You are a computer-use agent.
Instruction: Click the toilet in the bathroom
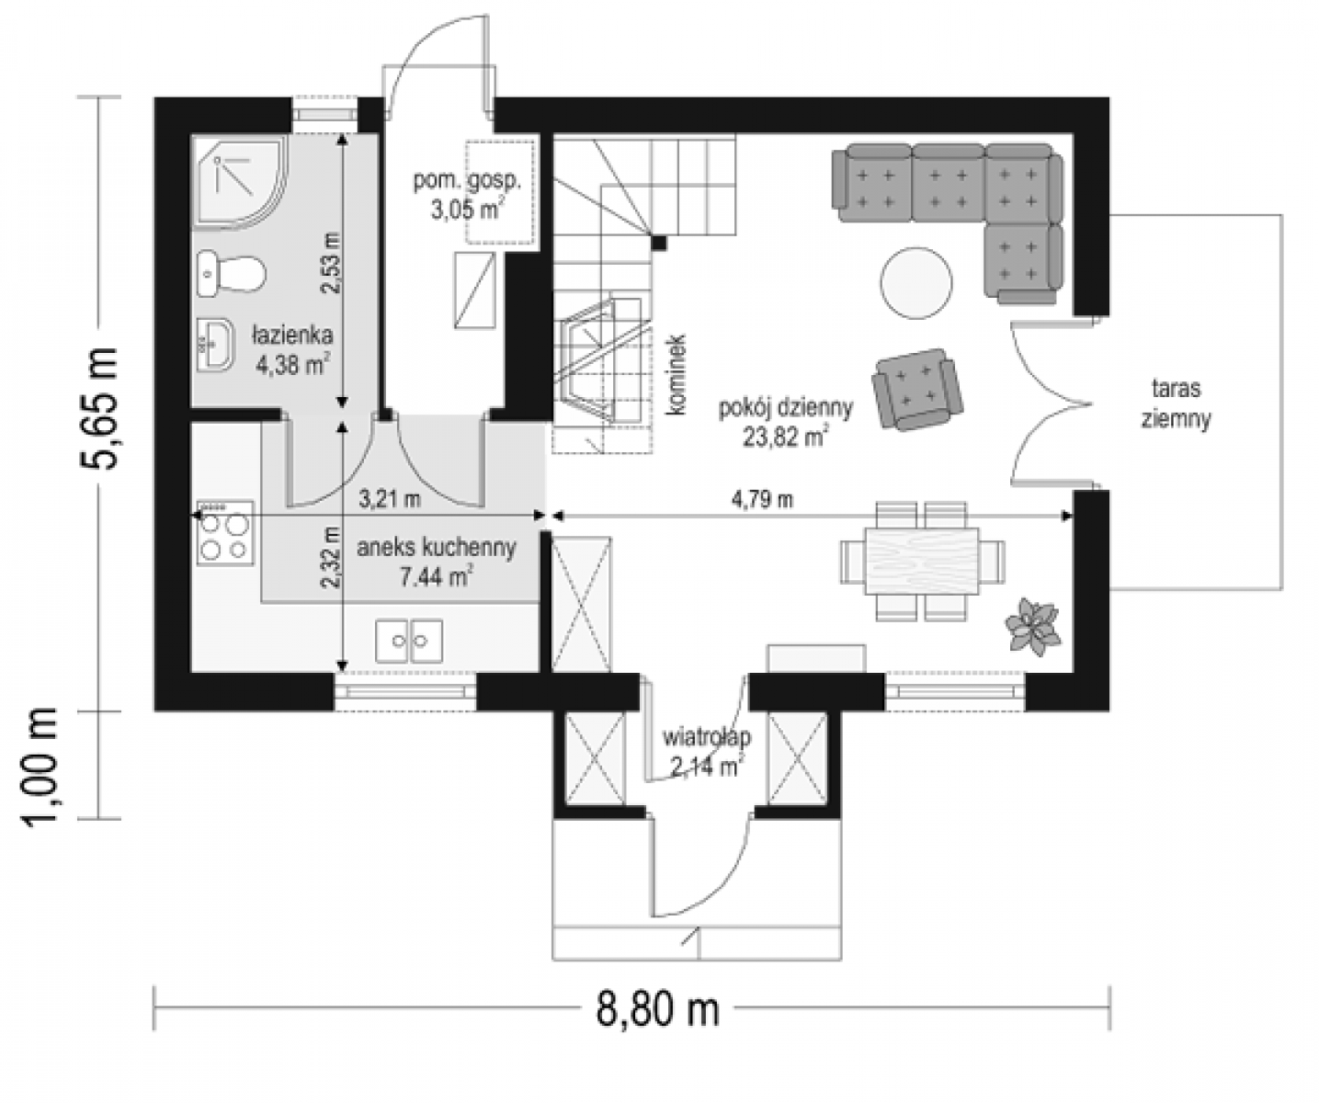[x=231, y=274]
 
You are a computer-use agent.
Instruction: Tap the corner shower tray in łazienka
[x=239, y=183]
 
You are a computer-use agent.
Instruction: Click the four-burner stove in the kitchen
[x=225, y=533]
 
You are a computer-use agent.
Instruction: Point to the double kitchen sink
[x=409, y=641]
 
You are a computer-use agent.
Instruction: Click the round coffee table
[x=916, y=283]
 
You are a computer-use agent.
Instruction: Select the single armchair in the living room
[x=917, y=390]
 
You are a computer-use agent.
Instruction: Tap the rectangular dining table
[x=923, y=562]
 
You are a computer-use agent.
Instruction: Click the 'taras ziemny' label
[x=1176, y=404]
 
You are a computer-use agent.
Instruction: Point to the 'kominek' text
[x=677, y=375]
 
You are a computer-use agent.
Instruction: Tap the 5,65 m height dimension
[x=99, y=409]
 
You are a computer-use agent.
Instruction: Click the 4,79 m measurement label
[x=762, y=500]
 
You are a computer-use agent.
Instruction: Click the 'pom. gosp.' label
[x=468, y=181]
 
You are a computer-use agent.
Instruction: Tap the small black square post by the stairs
[x=659, y=243]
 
